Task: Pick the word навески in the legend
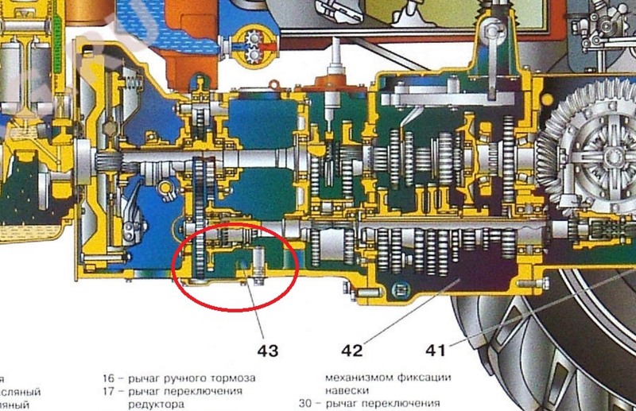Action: [348, 390]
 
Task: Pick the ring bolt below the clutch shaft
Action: [166, 188]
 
